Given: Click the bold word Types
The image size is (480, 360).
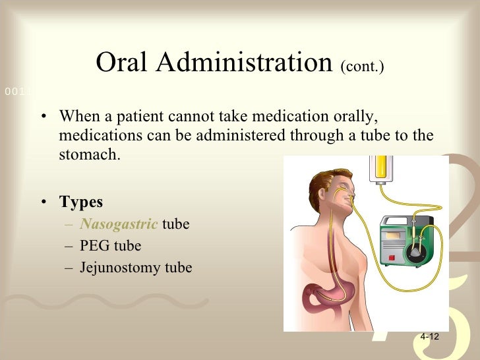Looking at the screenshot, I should click(x=80, y=201).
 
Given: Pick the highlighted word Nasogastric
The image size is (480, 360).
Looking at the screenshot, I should click(x=119, y=224).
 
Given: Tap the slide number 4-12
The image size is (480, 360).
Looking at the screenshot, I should click(x=429, y=336).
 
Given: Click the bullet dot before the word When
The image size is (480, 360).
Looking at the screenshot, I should click(x=43, y=118).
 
